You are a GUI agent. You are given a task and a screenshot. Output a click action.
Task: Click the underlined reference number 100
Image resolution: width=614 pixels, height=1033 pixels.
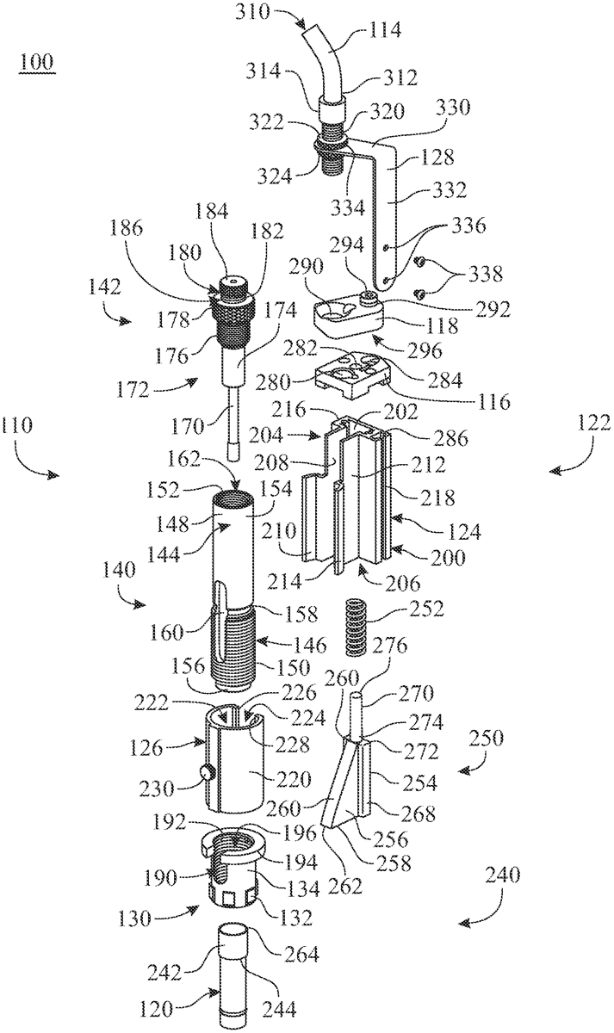(x=36, y=62)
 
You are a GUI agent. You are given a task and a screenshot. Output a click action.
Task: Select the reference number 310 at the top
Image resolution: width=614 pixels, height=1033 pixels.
(x=251, y=11)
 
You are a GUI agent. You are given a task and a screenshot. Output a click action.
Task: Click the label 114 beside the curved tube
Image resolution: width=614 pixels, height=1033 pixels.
(x=384, y=31)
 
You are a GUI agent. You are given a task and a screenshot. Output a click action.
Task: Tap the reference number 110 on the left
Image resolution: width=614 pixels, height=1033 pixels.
(x=17, y=424)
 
